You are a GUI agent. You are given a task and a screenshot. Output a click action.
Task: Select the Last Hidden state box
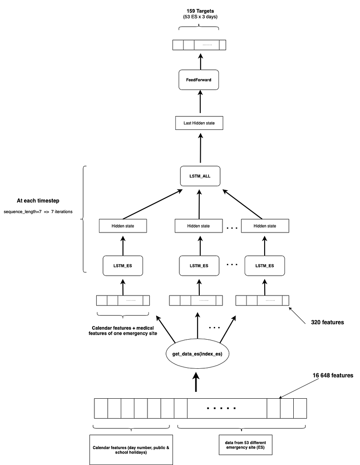point(200,123)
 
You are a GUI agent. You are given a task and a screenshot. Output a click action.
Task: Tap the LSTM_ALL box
point(200,175)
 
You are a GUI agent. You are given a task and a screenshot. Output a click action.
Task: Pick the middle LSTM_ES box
point(199,266)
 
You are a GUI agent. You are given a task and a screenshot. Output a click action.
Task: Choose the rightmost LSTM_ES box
point(265,266)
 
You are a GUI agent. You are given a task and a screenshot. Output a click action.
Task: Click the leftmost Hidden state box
point(123,226)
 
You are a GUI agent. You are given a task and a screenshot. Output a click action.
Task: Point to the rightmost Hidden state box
point(265,226)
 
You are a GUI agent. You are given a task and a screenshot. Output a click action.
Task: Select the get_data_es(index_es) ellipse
point(197,354)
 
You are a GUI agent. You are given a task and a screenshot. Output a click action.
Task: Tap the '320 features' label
point(327,322)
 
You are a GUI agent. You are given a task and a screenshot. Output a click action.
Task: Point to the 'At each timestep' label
point(38,200)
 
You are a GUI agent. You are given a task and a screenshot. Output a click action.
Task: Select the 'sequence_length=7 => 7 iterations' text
point(38,212)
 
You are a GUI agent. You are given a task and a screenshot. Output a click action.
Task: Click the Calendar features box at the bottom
point(131,449)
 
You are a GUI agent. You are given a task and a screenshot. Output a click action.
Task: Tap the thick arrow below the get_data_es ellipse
point(196,382)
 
